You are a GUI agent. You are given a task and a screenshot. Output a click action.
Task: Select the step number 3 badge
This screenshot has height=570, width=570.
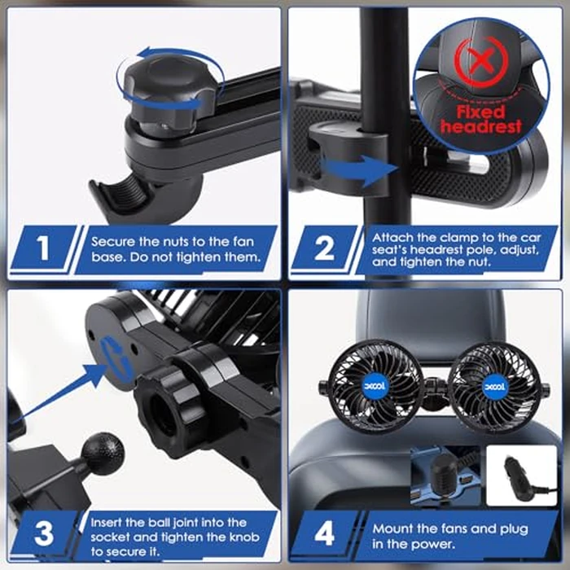pos(42,534)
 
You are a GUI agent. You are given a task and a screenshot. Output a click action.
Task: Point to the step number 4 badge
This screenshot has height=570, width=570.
pos(324,535)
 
